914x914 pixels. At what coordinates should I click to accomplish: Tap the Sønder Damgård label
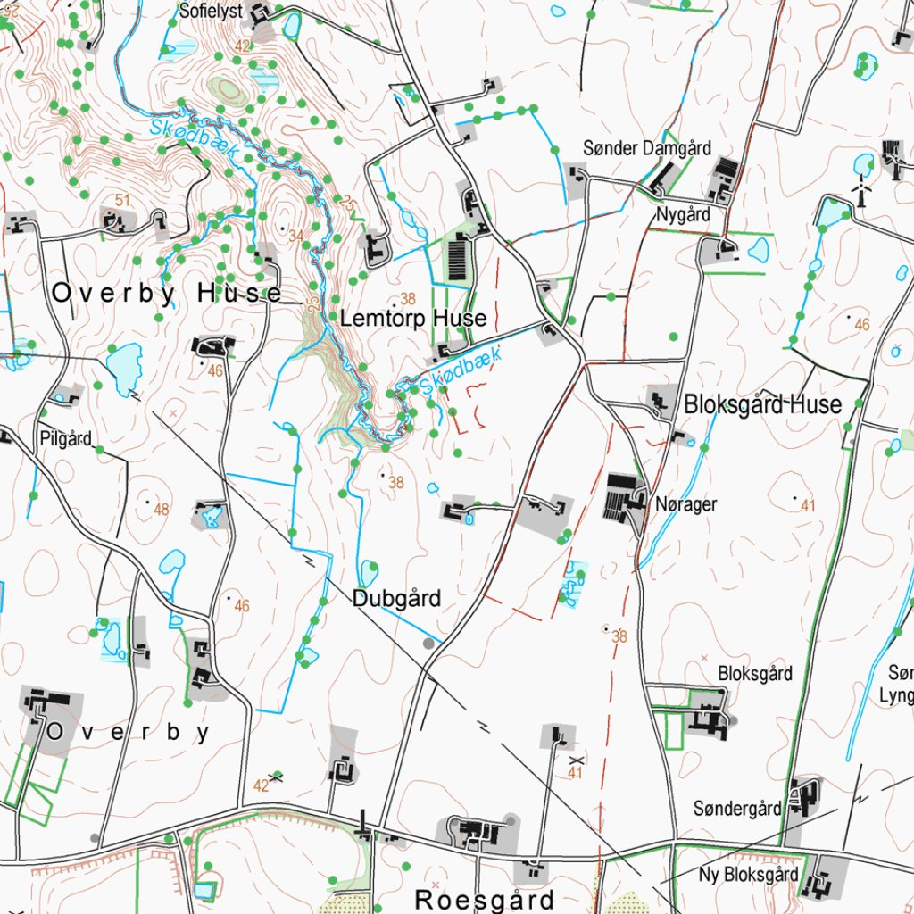(647, 148)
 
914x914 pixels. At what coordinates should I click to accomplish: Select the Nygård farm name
(683, 214)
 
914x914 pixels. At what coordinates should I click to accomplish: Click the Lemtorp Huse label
(413, 319)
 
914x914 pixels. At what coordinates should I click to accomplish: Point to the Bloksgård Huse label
(762, 404)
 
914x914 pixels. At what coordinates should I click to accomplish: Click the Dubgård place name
(396, 598)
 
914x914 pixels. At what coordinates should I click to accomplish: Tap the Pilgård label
(65, 438)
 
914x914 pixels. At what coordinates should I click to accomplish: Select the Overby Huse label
(167, 293)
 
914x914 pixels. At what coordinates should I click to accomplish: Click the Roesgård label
(486, 899)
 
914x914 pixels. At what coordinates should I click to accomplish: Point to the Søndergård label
(737, 809)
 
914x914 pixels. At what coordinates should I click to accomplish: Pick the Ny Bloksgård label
(749, 874)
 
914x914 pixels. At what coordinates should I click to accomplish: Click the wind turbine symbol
(861, 191)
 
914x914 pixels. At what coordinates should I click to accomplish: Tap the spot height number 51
(123, 199)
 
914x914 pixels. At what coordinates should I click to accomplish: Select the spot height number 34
(296, 236)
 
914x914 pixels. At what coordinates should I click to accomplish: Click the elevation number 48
(161, 510)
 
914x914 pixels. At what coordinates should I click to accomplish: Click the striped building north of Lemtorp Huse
(458, 257)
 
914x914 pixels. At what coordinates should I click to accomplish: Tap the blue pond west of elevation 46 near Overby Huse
(124, 364)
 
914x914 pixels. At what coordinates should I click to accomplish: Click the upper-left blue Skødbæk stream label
(191, 141)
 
